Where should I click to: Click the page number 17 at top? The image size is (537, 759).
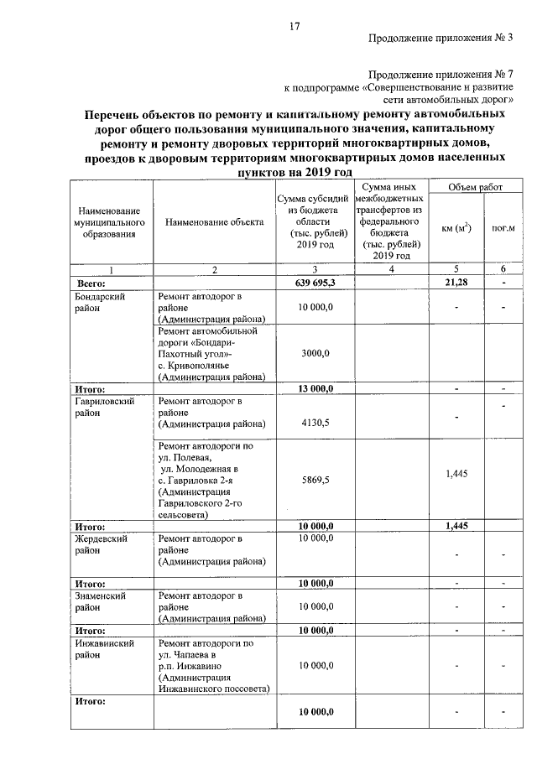pyautogui.click(x=295, y=25)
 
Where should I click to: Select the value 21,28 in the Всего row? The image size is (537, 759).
pyautogui.click(x=452, y=284)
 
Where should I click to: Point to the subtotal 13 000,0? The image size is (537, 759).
pyautogui.click(x=315, y=389)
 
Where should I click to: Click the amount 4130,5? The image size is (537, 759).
pyautogui.click(x=315, y=423)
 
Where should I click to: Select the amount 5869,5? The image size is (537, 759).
pyautogui.click(x=315, y=481)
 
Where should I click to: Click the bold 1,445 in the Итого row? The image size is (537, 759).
pyautogui.click(x=452, y=526)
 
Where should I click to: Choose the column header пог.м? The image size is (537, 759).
pyautogui.click(x=503, y=227)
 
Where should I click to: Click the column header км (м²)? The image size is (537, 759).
pyautogui.click(x=454, y=227)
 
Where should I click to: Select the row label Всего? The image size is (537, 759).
pyautogui.click(x=91, y=284)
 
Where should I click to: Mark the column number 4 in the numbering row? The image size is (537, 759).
pyautogui.click(x=392, y=269)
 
